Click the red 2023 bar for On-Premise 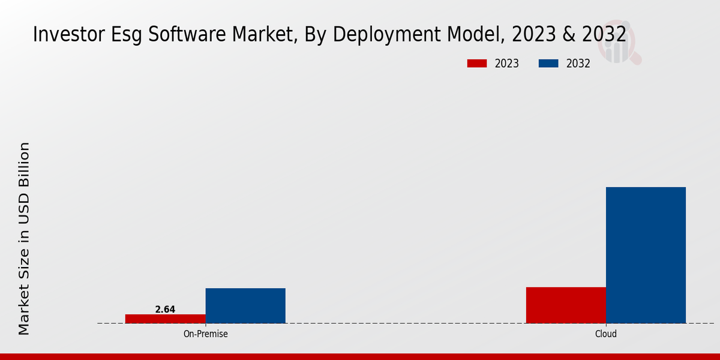[165, 319]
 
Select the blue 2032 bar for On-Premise [245, 305]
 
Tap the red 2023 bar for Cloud [566, 305]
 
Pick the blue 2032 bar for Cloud [646, 255]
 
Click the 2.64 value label [165, 310]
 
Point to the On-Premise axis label [205, 334]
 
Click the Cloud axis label [606, 334]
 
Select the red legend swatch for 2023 [477, 64]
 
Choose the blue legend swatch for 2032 [549, 64]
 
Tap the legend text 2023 [507, 64]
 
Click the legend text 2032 [578, 64]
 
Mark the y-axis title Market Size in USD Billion [24, 238]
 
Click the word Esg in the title [124, 35]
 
